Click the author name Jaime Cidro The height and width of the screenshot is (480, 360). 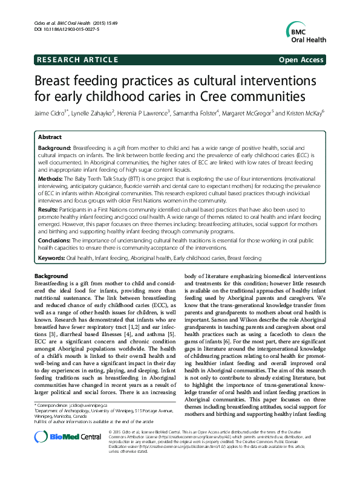51,113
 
